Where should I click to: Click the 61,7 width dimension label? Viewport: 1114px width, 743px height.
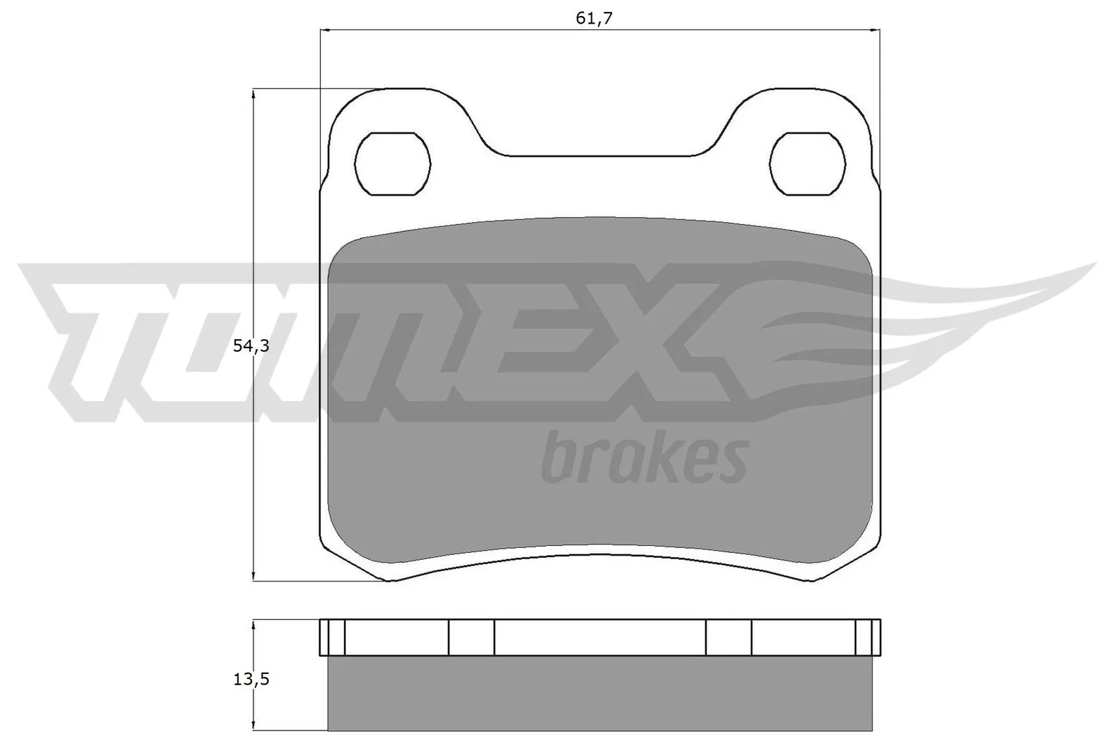click(x=594, y=18)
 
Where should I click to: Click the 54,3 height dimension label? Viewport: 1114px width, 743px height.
click(x=251, y=345)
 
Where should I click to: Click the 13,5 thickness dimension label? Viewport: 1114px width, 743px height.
click(x=251, y=679)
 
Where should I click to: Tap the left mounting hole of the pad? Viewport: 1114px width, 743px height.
click(x=393, y=164)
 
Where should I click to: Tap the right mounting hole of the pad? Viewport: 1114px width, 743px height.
click(x=808, y=164)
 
